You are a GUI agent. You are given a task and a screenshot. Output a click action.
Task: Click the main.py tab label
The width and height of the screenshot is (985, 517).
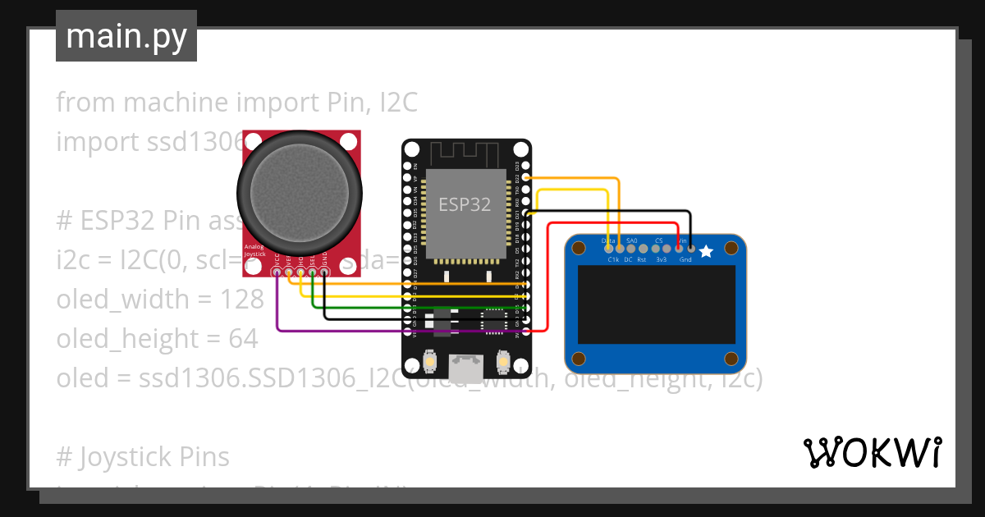click(x=126, y=36)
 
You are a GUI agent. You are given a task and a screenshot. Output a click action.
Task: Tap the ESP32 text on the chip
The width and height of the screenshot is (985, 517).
click(x=465, y=204)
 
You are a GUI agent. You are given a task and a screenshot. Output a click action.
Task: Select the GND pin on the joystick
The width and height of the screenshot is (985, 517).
click(x=324, y=271)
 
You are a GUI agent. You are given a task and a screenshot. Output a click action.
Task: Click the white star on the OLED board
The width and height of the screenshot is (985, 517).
click(x=706, y=251)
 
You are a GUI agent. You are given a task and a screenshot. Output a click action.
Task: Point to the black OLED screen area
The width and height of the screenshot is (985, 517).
click(x=656, y=304)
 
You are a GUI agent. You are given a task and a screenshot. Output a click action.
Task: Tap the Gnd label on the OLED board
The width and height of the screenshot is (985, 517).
click(x=685, y=259)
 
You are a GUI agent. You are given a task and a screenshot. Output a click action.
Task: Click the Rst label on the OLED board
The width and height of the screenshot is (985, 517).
click(x=641, y=259)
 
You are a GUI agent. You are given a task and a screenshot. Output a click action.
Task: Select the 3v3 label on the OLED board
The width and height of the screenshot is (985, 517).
click(x=661, y=259)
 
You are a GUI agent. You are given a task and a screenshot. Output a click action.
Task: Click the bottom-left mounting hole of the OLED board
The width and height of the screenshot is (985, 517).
click(x=579, y=359)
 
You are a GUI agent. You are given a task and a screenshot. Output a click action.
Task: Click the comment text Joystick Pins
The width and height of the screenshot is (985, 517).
click(x=154, y=457)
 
